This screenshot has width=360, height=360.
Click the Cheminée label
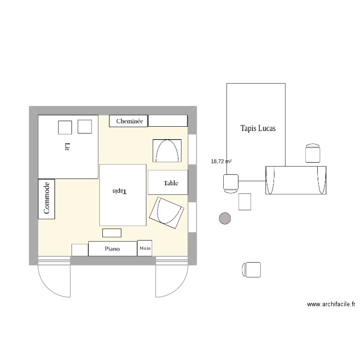point(130,121)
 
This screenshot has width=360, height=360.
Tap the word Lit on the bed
point(67,146)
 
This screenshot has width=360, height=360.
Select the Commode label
point(47,198)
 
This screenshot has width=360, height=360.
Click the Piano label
point(112,249)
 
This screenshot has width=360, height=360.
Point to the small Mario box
point(145,248)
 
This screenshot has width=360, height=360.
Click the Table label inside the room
point(171,183)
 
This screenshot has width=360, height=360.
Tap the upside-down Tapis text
point(118,191)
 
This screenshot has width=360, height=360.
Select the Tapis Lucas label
point(258,129)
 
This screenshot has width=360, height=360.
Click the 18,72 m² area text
point(221,162)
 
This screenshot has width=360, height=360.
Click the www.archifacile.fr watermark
point(331,304)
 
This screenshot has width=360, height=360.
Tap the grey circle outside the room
point(225,218)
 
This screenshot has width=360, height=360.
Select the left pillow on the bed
point(65,127)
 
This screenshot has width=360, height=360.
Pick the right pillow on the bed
point(84,126)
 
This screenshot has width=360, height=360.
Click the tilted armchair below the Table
point(167,212)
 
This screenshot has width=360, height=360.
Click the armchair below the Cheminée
point(167,151)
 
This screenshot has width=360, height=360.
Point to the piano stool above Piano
point(112,233)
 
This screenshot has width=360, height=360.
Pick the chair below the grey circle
point(252,269)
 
